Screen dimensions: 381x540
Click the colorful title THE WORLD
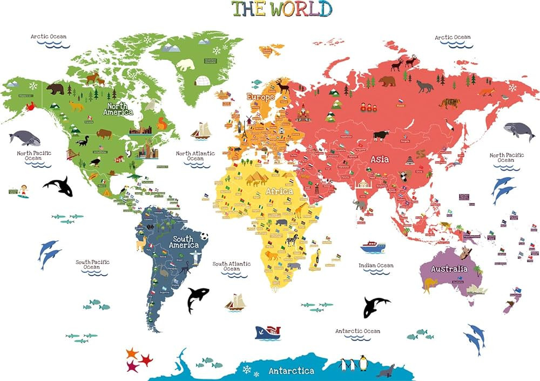(x=282, y=9)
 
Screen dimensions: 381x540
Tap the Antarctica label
(x=292, y=371)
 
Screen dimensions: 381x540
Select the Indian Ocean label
(x=376, y=266)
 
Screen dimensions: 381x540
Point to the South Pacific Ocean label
(x=92, y=264)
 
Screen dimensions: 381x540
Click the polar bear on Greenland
(x=186, y=65)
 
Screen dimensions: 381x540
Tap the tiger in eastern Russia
(x=449, y=103)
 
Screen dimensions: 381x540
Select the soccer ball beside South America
(x=205, y=236)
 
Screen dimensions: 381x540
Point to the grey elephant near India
(x=360, y=205)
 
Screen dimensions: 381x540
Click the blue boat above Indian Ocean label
(x=373, y=247)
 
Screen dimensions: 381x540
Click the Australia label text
(x=449, y=269)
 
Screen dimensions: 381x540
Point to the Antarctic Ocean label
(x=357, y=331)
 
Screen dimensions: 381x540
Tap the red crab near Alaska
(x=30, y=107)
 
